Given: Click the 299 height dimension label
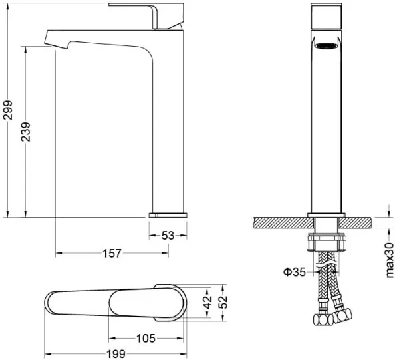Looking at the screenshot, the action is (x=7, y=110).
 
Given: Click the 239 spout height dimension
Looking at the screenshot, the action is (x=25, y=132).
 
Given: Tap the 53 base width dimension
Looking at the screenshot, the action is (x=168, y=236).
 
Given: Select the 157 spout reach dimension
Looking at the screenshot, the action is (x=112, y=253).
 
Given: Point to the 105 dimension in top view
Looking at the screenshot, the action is (x=146, y=339).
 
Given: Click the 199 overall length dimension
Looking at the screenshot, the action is (x=116, y=354).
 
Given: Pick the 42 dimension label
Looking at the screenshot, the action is (x=208, y=302).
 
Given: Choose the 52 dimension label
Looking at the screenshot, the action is (x=223, y=302).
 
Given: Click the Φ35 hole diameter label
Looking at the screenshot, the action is (x=295, y=272).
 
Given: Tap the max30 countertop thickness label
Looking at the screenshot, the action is (x=390, y=260).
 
